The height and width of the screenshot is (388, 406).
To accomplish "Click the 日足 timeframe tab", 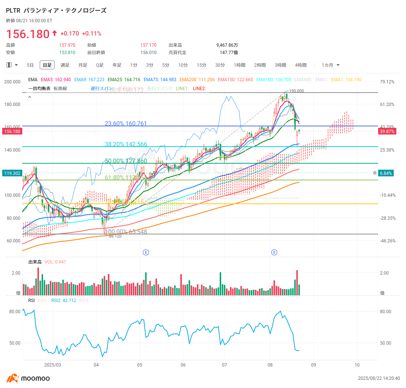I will pos(47,65).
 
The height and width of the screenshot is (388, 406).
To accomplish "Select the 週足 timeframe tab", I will pos(65,65).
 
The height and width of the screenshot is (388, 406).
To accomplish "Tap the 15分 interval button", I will pos(202,65).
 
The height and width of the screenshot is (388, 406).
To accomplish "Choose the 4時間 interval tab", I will pos(301,65).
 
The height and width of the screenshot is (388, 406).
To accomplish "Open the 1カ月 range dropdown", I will pos(330,65).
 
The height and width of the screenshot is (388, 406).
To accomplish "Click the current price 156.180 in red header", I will pos(28,34).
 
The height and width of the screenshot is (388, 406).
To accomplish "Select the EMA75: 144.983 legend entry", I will pos(161,80).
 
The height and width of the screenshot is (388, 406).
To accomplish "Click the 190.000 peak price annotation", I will pos(297,91).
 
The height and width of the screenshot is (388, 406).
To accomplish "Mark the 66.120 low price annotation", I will pos(115,236).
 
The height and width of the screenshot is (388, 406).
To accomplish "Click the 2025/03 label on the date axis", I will pos(52,365).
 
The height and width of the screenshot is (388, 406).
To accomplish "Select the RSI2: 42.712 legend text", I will pos(63,301).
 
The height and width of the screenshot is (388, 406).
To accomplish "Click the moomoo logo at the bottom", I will pos(28,378).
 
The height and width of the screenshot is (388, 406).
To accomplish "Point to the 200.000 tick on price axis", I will pos(12,82).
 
